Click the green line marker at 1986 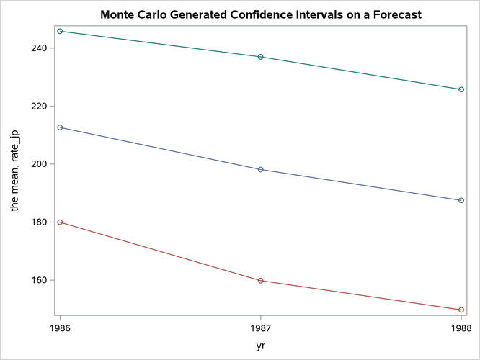pyautogui.click(x=60, y=31)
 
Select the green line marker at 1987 pyautogui.click(x=260, y=57)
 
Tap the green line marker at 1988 pyautogui.click(x=461, y=89)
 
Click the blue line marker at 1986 pyautogui.click(x=60, y=127)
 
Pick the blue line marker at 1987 pyautogui.click(x=260, y=169)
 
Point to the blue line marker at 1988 pyautogui.click(x=461, y=200)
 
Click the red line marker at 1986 pyautogui.click(x=60, y=222)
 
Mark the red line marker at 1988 pyautogui.click(x=461, y=310)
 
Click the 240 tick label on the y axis pyautogui.click(x=40, y=48)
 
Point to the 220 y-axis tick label pyautogui.click(x=40, y=106)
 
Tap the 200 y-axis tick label pyautogui.click(x=40, y=164)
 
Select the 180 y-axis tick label pyautogui.click(x=40, y=222)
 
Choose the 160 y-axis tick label pyautogui.click(x=40, y=280)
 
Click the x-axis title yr pyautogui.click(x=260, y=346)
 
